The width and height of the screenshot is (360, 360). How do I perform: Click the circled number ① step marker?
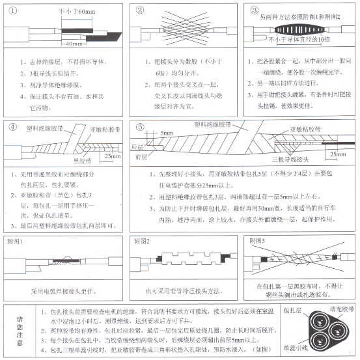click(12, 10)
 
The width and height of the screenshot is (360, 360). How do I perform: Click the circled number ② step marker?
click(139, 10)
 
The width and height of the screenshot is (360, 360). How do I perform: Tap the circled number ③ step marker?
click(255, 10)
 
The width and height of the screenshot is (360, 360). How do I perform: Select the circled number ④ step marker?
click(12, 126)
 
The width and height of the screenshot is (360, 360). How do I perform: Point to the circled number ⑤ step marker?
click(139, 126)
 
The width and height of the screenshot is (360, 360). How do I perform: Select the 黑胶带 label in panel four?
click(64, 159)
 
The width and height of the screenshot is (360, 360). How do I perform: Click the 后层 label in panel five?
click(137, 148)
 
